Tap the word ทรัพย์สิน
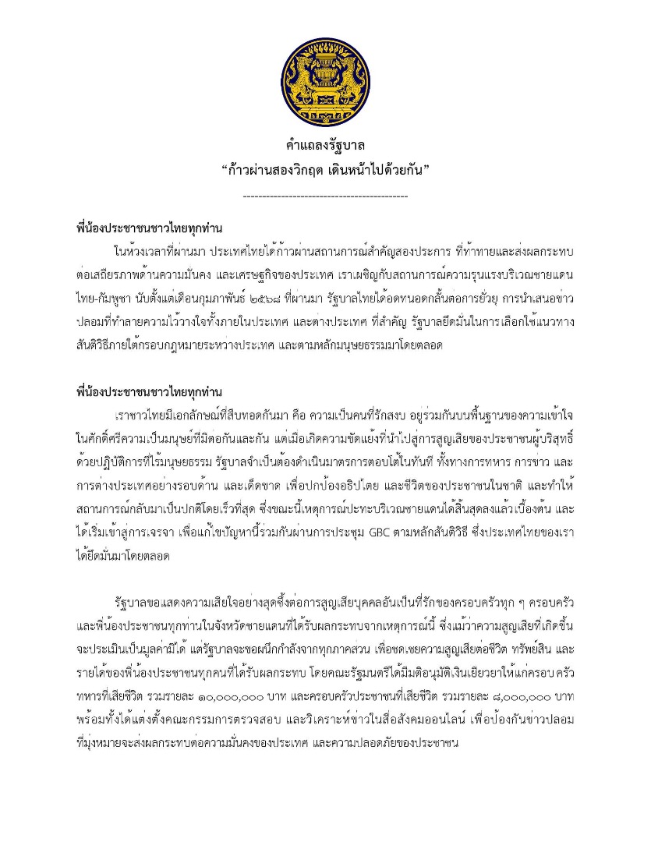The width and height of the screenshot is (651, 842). coord(509,646)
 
